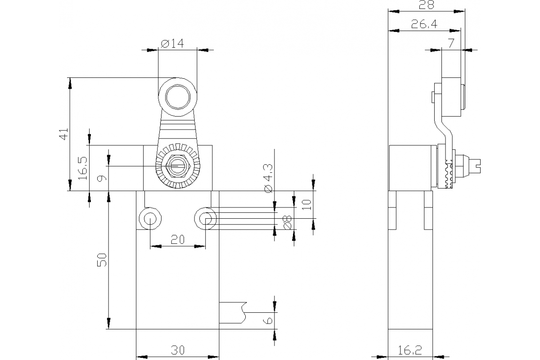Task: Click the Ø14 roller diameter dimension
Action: coord(172,44)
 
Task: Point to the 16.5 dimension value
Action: coord(83,169)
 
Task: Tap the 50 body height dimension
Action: coord(103,260)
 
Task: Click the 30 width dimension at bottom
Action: coord(178,350)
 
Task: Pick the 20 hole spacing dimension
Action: coord(178,240)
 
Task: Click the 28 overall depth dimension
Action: coord(426,5)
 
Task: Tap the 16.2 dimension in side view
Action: coord(410,350)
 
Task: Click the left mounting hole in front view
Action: coord(148,218)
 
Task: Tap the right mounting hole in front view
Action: coord(206,218)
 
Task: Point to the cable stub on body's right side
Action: coord(233,312)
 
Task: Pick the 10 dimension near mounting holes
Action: coord(307,205)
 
